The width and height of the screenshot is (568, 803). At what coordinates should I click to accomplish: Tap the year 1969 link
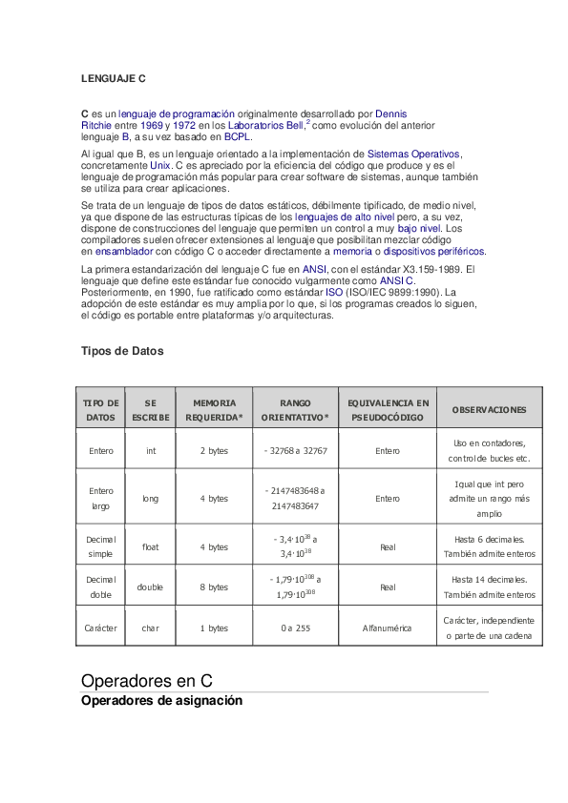click(x=151, y=125)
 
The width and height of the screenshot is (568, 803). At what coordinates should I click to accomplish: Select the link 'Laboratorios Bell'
click(x=265, y=125)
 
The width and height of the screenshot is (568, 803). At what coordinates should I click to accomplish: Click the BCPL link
click(x=238, y=136)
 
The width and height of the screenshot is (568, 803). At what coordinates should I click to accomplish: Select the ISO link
click(x=333, y=293)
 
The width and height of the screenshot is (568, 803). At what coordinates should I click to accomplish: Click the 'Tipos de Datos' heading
click(x=122, y=351)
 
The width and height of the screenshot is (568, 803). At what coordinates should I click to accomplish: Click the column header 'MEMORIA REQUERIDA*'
click(x=214, y=410)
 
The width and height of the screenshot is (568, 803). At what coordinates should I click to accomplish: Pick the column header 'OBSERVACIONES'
click(x=489, y=410)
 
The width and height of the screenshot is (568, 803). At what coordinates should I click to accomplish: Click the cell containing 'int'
click(x=151, y=451)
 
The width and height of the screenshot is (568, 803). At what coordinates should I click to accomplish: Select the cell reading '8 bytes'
click(x=214, y=587)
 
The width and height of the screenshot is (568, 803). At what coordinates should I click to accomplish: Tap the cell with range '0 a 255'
click(x=295, y=628)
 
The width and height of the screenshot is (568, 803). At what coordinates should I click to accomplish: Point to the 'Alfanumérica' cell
click(x=388, y=628)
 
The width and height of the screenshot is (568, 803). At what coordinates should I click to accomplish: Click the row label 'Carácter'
click(x=100, y=628)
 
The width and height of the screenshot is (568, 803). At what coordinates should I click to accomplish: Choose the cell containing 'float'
click(x=151, y=547)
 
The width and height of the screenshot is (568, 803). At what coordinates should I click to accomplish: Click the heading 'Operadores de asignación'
click(x=161, y=700)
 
